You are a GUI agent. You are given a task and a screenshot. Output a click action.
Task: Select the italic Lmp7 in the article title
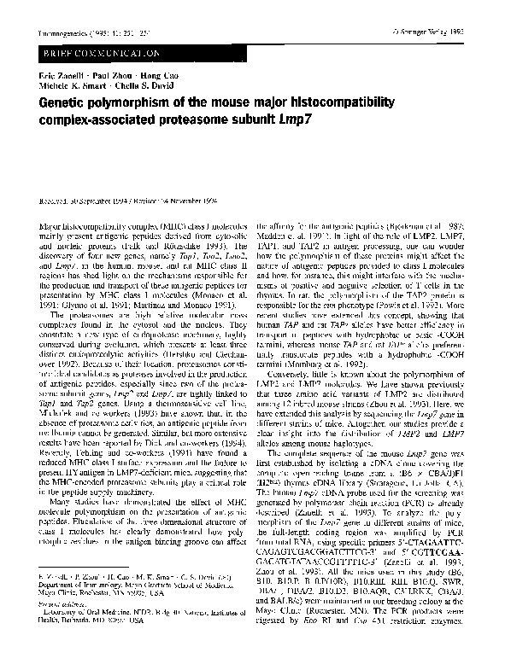(303, 117)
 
